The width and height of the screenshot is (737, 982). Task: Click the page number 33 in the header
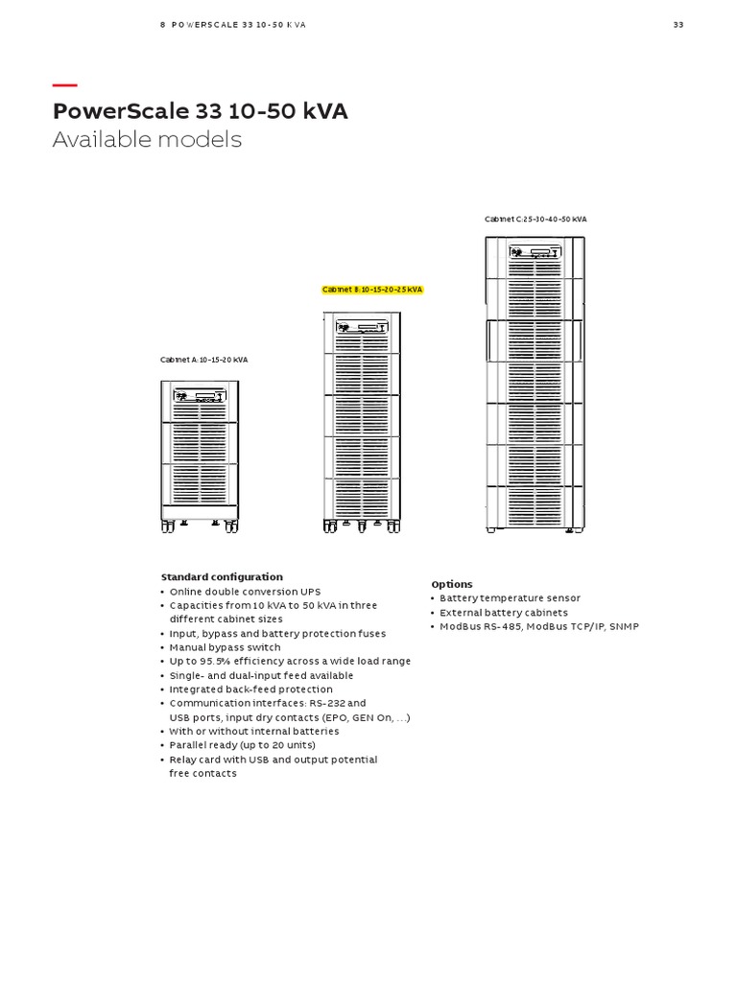678,25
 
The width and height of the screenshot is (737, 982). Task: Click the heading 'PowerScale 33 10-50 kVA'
200,111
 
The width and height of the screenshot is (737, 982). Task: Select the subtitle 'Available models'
147,140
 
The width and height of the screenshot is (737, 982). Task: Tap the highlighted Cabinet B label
372,289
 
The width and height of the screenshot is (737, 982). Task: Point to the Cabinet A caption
203,360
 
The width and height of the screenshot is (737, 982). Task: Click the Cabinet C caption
535,220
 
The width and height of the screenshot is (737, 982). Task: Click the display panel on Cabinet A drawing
200,395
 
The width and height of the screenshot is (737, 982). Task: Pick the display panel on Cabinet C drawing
534,254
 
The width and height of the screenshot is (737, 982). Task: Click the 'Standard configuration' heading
222,577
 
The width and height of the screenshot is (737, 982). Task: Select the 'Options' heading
452,584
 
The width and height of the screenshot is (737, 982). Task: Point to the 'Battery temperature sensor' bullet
510,598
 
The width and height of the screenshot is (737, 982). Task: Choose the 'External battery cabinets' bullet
504,612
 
